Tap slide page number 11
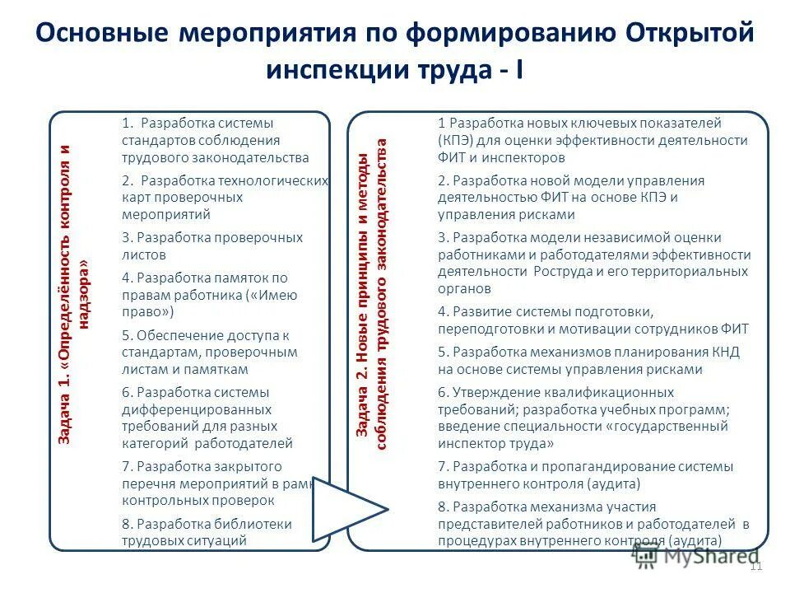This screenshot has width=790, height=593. coord(757,565)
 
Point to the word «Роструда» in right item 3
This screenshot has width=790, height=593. coord(563,271)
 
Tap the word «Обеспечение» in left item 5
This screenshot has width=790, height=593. coord(177,335)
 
